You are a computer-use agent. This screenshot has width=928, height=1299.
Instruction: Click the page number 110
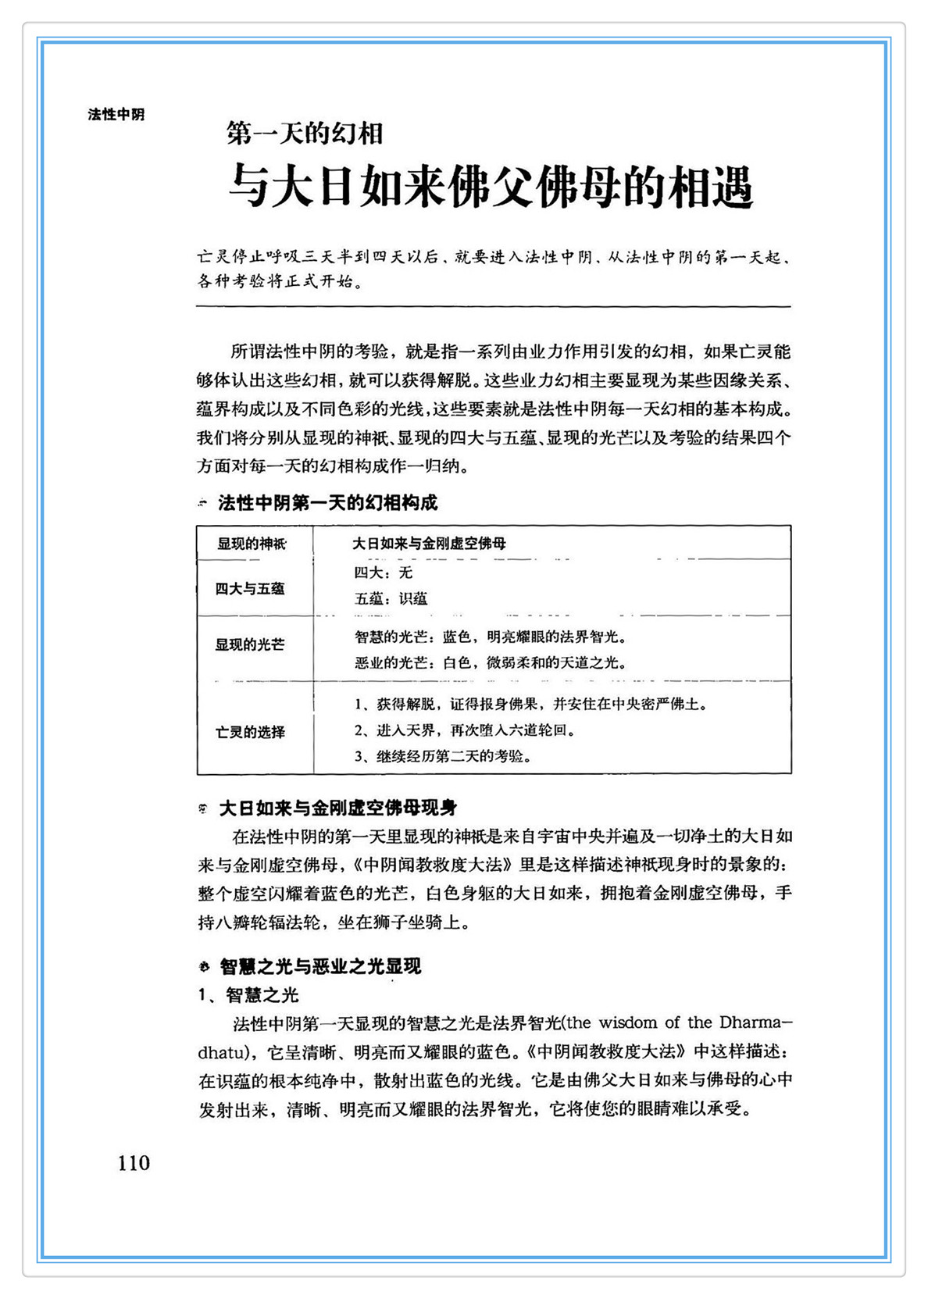pyautogui.click(x=134, y=1163)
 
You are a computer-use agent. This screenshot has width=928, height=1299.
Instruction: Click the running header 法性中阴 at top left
pyautogui.click(x=116, y=115)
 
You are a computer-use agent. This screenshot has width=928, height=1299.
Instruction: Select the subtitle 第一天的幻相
pyautogui.click(x=305, y=134)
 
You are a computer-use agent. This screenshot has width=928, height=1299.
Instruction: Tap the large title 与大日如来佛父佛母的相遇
pyautogui.click(x=491, y=187)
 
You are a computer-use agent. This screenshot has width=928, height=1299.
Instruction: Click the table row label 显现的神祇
pyautogui.click(x=252, y=544)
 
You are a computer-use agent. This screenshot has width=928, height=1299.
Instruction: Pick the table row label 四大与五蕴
pyautogui.click(x=250, y=589)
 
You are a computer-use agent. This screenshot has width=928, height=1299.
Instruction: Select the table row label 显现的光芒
pyautogui.click(x=250, y=644)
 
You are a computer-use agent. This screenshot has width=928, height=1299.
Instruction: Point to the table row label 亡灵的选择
pyautogui.click(x=250, y=732)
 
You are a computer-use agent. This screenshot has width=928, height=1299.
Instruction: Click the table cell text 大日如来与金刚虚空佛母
pyautogui.click(x=429, y=544)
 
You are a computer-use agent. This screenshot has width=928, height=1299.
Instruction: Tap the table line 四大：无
pyautogui.click(x=383, y=573)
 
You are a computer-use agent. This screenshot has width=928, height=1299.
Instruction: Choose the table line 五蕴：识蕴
pyautogui.click(x=391, y=599)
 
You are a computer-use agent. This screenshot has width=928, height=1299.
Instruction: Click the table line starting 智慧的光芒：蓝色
pyautogui.click(x=491, y=637)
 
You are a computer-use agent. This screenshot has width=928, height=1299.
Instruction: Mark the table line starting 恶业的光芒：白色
pyautogui.click(x=491, y=663)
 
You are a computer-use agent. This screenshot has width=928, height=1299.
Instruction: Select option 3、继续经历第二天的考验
pyautogui.click(x=444, y=756)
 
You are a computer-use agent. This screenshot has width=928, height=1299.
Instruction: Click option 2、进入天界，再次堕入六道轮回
pyautogui.click(x=466, y=730)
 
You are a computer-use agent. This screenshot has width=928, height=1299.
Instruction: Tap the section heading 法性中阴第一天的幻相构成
pyautogui.click(x=327, y=503)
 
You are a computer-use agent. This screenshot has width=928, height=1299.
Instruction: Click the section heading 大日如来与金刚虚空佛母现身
pyautogui.click(x=337, y=808)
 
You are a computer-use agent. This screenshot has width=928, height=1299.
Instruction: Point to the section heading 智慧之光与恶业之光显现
pyautogui.click(x=320, y=966)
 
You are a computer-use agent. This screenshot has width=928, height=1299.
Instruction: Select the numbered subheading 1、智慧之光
pyautogui.click(x=248, y=995)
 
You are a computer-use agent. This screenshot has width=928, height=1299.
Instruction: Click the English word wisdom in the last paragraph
pyautogui.click(x=629, y=1022)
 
